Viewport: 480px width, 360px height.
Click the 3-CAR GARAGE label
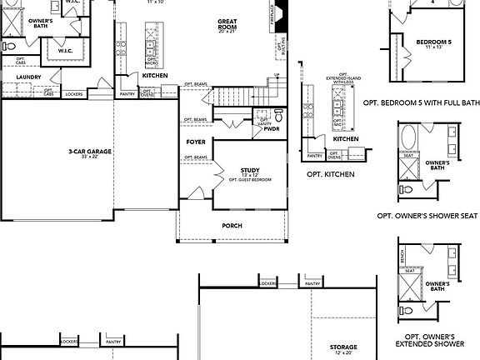(91, 151)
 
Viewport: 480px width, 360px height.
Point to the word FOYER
(195, 142)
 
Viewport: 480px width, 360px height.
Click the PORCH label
(232, 226)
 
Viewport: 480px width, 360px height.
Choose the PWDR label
(271, 129)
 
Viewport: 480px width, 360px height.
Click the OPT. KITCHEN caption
(330, 174)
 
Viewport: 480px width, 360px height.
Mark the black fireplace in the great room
(282, 17)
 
